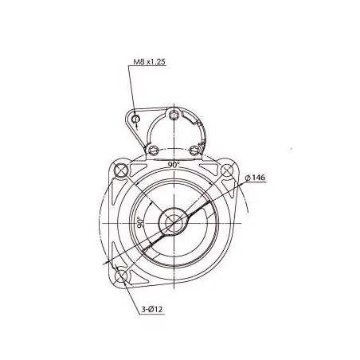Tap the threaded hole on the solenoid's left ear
coord(137,120)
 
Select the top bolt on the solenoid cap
coord(174,117)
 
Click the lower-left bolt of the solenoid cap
coord(153,149)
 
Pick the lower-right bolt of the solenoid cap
coord(194,149)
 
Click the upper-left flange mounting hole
coord(121,170)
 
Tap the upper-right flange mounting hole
coord(227,170)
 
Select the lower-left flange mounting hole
coord(121,276)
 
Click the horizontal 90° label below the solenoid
coord(173,164)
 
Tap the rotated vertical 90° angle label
coord(139,223)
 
